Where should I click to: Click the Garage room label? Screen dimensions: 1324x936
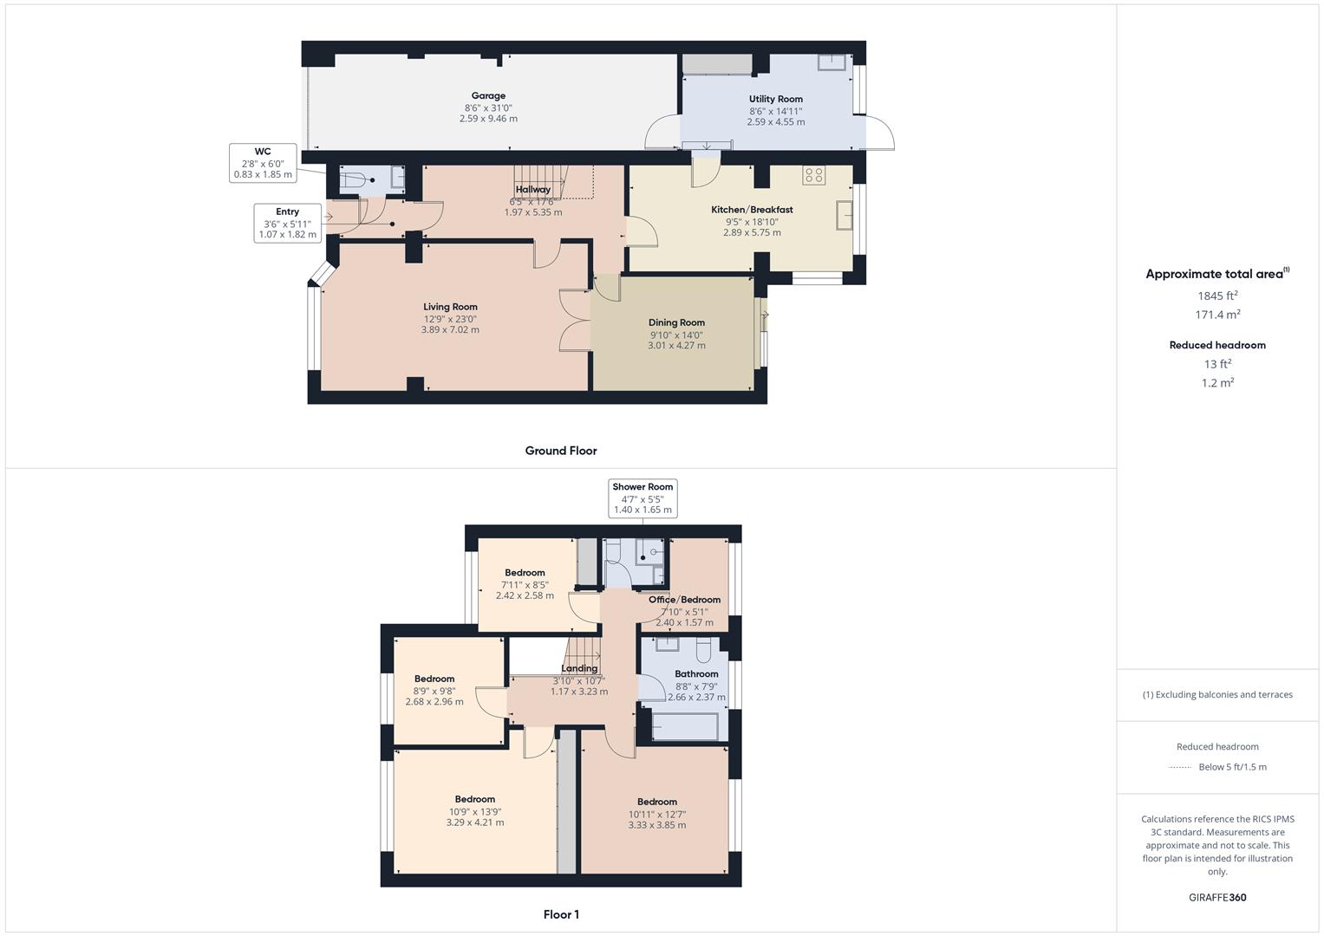coord(488,95)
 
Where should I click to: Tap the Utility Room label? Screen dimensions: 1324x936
coord(775,100)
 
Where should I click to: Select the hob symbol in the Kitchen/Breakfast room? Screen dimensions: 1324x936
coord(814,175)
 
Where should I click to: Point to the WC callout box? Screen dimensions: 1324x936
coord(263,163)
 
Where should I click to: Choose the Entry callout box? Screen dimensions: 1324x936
coord(288,223)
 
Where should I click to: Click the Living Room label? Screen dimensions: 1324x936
coord(450,307)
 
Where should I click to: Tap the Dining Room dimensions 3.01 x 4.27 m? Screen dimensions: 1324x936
coord(676,346)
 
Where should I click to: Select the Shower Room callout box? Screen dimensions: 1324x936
coord(642,498)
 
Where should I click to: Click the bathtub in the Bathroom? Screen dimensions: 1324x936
coord(685,726)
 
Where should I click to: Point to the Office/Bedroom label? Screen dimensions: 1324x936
coord(684,600)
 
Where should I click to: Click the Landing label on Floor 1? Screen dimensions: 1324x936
coord(579,668)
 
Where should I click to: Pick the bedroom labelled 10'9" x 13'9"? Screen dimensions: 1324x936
coord(475,810)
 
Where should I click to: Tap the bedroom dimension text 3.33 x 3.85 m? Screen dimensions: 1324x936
coord(656,825)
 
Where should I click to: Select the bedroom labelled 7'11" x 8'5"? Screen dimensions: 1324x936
coord(525,584)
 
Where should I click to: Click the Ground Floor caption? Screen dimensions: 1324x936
coord(561,451)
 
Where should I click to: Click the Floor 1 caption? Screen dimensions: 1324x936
coord(561,914)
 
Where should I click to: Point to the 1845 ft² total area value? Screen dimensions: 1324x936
coord(1217,296)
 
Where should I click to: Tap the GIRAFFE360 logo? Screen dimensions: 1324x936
coord(1217,898)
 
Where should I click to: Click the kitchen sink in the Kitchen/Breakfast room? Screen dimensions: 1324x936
coord(845,215)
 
